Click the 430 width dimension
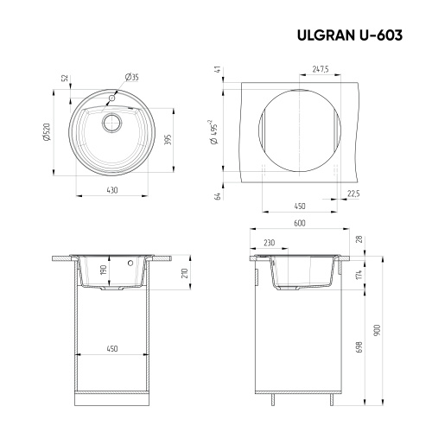(x=112, y=189)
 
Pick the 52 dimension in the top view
(x=65, y=79)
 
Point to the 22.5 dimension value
(x=353, y=194)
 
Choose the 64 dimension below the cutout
(x=219, y=195)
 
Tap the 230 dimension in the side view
(x=270, y=243)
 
